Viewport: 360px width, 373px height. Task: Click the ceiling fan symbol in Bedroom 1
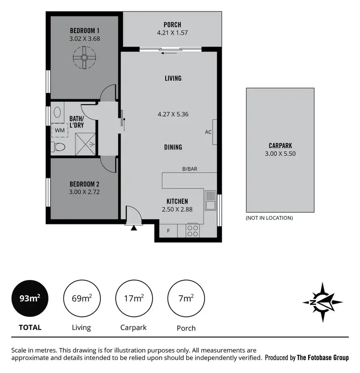point(84,58)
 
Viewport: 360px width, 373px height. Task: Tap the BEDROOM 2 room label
point(84,184)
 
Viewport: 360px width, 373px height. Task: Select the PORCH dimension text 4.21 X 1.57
point(172,33)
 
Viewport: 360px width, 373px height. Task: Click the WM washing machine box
point(60,130)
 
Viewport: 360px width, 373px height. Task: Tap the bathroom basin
point(57,113)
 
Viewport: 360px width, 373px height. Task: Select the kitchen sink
point(210,200)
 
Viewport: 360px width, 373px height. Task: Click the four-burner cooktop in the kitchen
point(192,231)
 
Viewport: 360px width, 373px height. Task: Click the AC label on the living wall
point(208,132)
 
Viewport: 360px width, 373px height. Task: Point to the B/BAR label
point(190,169)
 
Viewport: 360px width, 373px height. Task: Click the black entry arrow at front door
point(133,227)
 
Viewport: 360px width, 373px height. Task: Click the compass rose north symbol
point(322,302)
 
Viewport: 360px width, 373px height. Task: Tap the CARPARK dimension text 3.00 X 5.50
point(280,154)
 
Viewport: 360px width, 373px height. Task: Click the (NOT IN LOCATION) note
point(269,218)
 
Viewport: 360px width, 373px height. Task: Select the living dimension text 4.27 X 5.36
point(172,114)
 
